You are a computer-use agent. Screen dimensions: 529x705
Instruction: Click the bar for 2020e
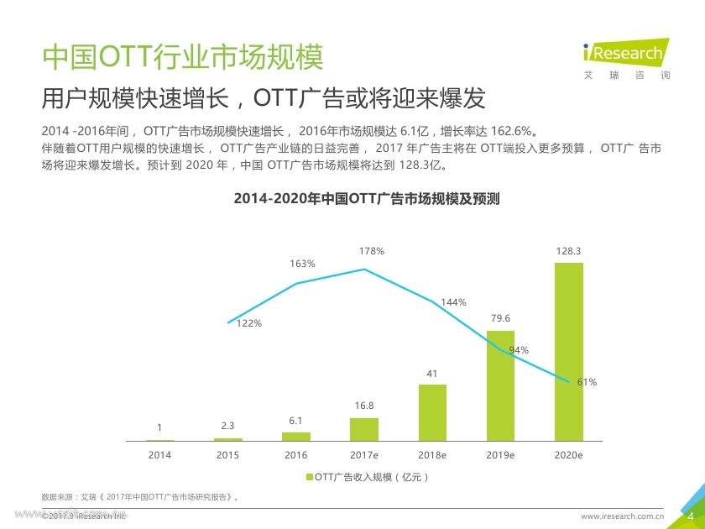(569, 352)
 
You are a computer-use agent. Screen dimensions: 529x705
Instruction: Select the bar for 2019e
(500, 385)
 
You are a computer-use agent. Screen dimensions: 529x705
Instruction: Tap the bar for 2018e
(432, 412)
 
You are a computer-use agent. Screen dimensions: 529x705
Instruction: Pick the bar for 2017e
(364, 429)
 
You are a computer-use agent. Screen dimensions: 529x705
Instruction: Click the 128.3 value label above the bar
(569, 251)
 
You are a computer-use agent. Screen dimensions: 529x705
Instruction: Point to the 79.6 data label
(500, 318)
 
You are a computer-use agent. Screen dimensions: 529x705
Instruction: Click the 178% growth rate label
(372, 251)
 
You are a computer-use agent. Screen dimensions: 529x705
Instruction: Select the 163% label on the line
(303, 264)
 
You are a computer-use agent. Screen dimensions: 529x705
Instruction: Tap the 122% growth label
(249, 322)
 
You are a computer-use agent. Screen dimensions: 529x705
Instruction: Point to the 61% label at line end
(587, 382)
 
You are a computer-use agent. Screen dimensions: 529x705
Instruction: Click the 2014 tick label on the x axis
(159, 454)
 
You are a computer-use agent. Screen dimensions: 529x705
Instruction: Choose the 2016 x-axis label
(295, 454)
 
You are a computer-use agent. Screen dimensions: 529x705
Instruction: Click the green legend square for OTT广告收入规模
(308, 477)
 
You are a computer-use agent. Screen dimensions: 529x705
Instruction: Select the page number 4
(690, 515)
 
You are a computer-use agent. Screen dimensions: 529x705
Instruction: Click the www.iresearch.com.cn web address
(623, 516)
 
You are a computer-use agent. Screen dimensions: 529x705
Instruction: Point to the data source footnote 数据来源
(139, 497)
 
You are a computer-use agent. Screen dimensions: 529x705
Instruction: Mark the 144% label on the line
(454, 302)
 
